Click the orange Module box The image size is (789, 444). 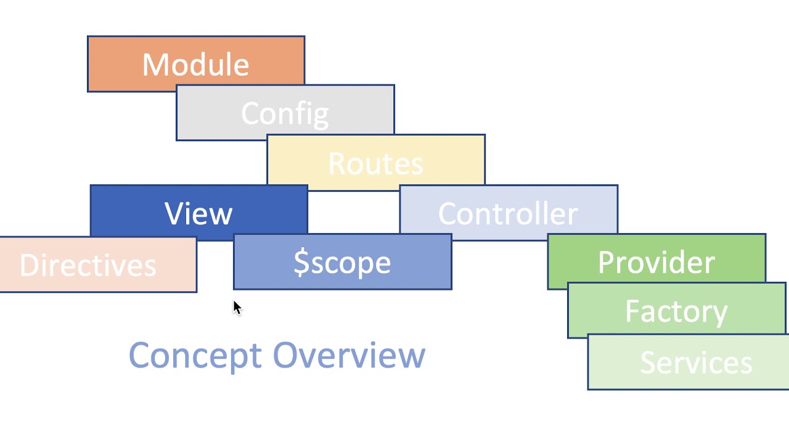[196, 64]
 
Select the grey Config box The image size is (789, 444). [285, 113]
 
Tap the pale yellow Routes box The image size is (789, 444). [375, 162]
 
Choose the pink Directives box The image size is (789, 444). [88, 265]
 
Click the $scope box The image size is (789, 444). [342, 262]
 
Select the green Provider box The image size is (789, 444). [656, 261]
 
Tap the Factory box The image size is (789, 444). [676, 310]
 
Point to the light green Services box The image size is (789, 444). [695, 363]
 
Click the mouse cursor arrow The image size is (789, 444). [237, 308]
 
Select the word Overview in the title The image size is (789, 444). [349, 356]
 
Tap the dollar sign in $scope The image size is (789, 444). [301, 262]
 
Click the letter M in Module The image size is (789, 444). [155, 65]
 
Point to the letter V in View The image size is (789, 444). [174, 213]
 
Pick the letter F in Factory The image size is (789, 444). [632, 311]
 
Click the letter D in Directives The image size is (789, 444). [30, 265]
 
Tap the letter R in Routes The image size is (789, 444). [338, 163]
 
